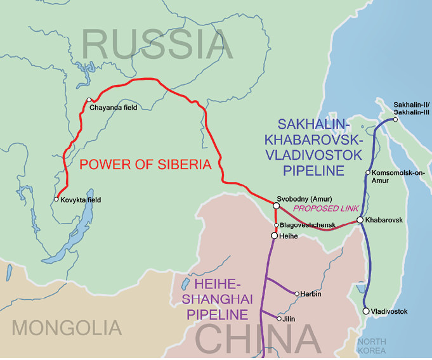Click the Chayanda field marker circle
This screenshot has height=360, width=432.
(89, 100)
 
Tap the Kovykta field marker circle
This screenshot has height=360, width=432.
(56, 200)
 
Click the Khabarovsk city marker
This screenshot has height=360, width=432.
(360, 220)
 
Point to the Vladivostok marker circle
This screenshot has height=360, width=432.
(366, 311)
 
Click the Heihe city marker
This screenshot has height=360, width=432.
(274, 236)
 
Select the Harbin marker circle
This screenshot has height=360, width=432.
(297, 293)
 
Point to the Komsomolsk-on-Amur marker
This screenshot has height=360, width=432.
(368, 172)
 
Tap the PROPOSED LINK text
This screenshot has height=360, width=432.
(326, 208)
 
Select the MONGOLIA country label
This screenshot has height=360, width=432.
(67, 328)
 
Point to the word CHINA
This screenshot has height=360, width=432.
(258, 339)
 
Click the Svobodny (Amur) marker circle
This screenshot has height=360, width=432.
(276, 205)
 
